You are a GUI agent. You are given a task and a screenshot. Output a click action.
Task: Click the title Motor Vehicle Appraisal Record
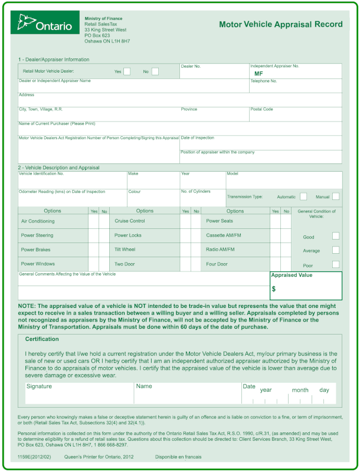(x=280, y=25)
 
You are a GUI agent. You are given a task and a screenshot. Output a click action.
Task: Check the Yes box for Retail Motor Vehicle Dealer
(x=127, y=71)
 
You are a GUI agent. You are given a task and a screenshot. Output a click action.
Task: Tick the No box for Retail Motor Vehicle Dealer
(x=155, y=71)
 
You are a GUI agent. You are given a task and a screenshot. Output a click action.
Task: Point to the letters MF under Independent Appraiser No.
(x=258, y=74)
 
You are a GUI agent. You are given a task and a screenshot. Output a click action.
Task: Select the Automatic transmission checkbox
(x=303, y=196)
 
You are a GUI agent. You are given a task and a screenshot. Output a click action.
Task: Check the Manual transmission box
(x=336, y=196)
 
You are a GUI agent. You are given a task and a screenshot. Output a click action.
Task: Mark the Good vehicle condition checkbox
(x=336, y=236)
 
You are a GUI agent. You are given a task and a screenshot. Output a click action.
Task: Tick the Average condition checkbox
(x=336, y=250)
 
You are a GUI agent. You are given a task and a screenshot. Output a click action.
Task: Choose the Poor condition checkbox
(x=336, y=264)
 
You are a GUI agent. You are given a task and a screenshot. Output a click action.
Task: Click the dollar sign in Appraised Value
(x=274, y=289)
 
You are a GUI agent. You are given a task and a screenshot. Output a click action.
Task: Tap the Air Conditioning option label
(x=38, y=221)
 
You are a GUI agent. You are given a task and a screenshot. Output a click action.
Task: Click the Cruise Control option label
(x=130, y=221)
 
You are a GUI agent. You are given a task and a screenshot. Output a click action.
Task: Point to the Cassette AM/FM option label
(x=224, y=235)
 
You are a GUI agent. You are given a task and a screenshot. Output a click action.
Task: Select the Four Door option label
(x=217, y=264)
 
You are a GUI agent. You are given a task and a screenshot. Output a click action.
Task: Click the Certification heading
(x=42, y=339)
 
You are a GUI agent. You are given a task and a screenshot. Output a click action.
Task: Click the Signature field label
(x=38, y=386)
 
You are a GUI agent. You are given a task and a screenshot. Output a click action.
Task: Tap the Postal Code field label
(x=261, y=109)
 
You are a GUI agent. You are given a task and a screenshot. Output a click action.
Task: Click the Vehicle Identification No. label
(x=41, y=173)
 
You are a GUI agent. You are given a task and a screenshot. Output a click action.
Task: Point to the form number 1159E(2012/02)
(x=34, y=457)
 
